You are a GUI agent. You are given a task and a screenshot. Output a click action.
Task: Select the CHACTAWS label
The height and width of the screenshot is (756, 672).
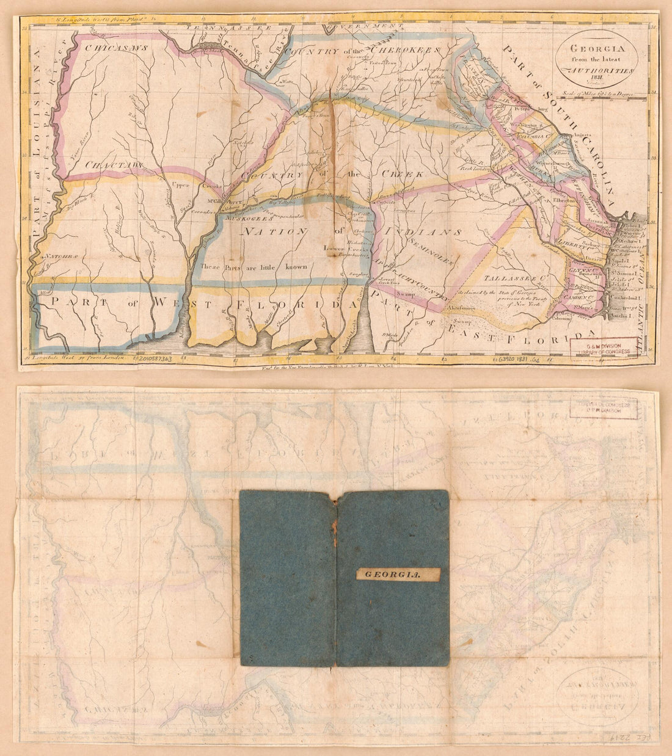114,165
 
